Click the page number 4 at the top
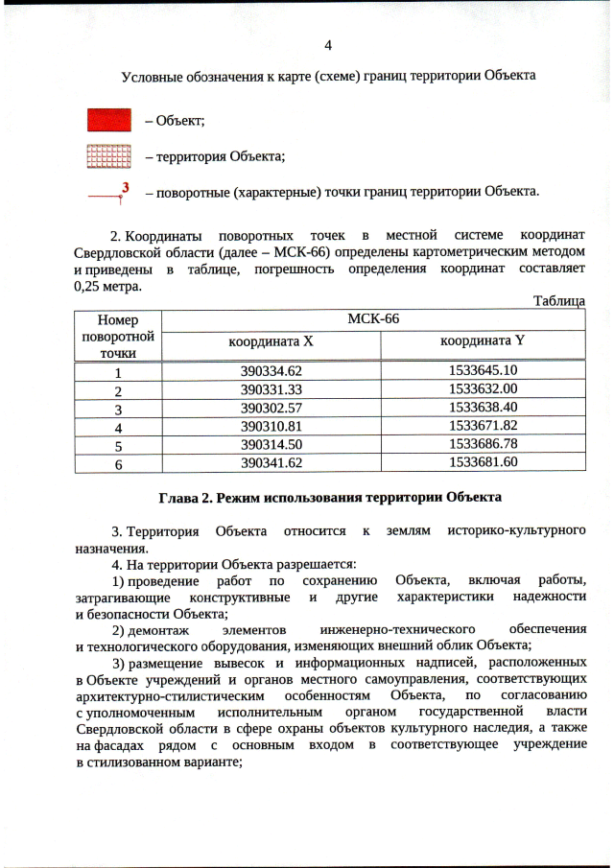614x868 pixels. (x=328, y=45)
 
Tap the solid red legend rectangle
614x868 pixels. (x=109, y=120)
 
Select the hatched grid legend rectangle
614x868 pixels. (x=109, y=155)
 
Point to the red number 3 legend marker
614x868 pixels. (x=125, y=187)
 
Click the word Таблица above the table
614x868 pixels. (x=558, y=301)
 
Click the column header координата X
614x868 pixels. (x=271, y=341)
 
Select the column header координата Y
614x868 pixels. (x=483, y=340)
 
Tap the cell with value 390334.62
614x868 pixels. (x=272, y=371)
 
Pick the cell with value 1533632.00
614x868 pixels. (x=483, y=388)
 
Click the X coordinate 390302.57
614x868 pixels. (x=272, y=407)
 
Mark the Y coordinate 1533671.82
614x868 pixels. (x=483, y=425)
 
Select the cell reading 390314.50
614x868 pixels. (x=272, y=444)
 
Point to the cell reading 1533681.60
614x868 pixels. (x=483, y=461)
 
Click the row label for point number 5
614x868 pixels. (x=118, y=445)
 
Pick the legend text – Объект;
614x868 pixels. (x=175, y=120)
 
